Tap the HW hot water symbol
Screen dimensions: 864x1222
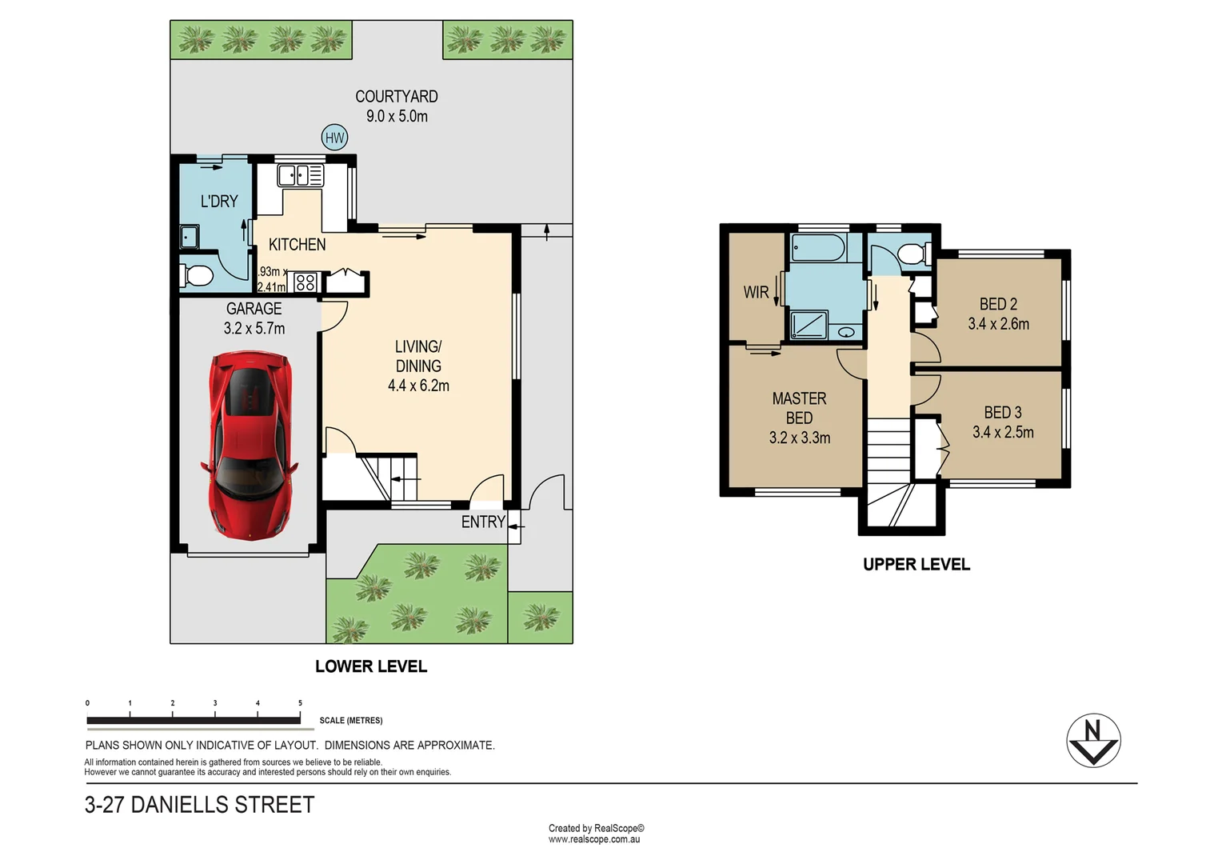(x=334, y=138)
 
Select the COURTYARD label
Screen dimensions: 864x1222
(x=396, y=97)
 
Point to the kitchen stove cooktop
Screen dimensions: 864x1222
(x=305, y=282)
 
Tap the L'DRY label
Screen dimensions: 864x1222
(x=218, y=202)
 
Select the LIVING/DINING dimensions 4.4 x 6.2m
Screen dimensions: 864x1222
(x=418, y=386)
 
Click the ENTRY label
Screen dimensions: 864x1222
(x=482, y=522)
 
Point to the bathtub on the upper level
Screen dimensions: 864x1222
(x=817, y=248)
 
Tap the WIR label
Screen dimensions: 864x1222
(x=755, y=293)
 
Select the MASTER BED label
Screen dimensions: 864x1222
(x=799, y=408)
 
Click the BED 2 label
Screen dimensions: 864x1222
(x=998, y=304)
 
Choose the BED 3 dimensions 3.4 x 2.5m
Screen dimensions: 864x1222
(x=1003, y=432)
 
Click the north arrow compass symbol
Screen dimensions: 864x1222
(x=1093, y=740)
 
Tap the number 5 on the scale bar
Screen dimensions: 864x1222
(x=300, y=703)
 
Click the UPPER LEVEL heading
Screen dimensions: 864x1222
(x=916, y=564)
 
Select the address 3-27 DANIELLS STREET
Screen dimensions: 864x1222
(x=200, y=805)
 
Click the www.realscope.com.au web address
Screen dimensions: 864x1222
(x=593, y=839)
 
